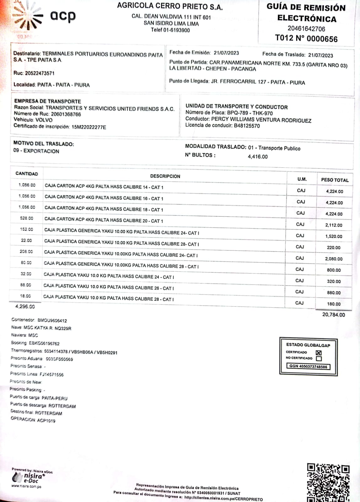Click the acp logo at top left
[x=47, y=17]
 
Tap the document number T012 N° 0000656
[x=306, y=39]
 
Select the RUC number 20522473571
[x=40, y=73]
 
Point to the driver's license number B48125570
[x=247, y=125]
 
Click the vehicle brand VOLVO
[x=44, y=120]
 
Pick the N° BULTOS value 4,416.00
[x=257, y=157]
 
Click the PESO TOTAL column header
[x=335, y=180]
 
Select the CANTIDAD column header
[x=27, y=174]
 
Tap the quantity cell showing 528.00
[x=27, y=218]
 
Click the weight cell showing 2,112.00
[x=334, y=225]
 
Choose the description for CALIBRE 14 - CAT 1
[x=104, y=187]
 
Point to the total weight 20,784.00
[x=333, y=314]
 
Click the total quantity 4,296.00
[x=25, y=306]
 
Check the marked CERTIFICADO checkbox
[x=319, y=352]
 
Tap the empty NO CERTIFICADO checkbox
[x=319, y=358]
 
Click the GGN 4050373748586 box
[x=308, y=366]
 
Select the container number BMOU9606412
[x=52, y=320]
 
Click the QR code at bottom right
[x=328, y=483]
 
